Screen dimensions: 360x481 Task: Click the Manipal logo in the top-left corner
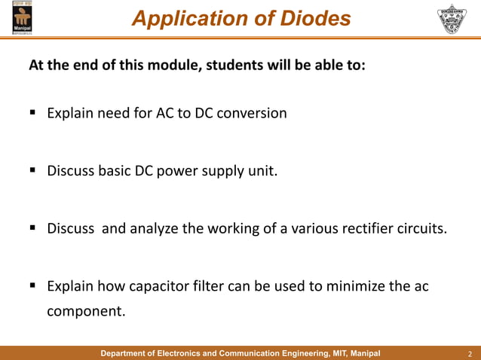coord(22,19)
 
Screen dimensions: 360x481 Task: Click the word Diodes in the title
coord(314,19)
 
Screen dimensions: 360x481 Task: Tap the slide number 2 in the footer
coord(470,354)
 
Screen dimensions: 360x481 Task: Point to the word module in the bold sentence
coord(170,65)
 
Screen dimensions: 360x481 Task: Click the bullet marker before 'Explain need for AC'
coord(34,114)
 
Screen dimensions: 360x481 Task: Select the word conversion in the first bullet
coord(253,114)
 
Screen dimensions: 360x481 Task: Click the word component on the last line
coord(85,310)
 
